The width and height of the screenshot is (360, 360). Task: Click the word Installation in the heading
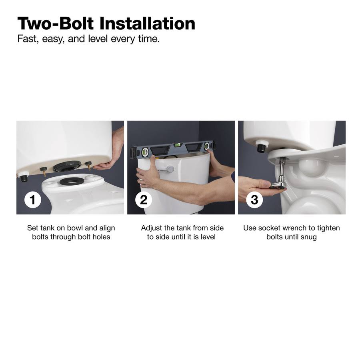(x=147, y=24)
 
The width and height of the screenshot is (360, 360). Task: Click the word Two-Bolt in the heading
(x=56, y=24)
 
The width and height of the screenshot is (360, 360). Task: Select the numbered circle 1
(x=33, y=200)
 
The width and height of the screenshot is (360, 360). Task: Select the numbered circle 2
(x=144, y=200)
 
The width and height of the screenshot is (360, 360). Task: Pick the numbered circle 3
(x=254, y=200)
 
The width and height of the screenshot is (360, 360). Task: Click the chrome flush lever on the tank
(x=167, y=170)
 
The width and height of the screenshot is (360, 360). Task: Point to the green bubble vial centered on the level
(x=177, y=145)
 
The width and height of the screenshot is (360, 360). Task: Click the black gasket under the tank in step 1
(x=67, y=166)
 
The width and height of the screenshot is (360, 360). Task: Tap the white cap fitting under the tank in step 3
(x=262, y=146)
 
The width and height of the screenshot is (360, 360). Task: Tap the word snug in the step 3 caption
(x=308, y=237)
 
